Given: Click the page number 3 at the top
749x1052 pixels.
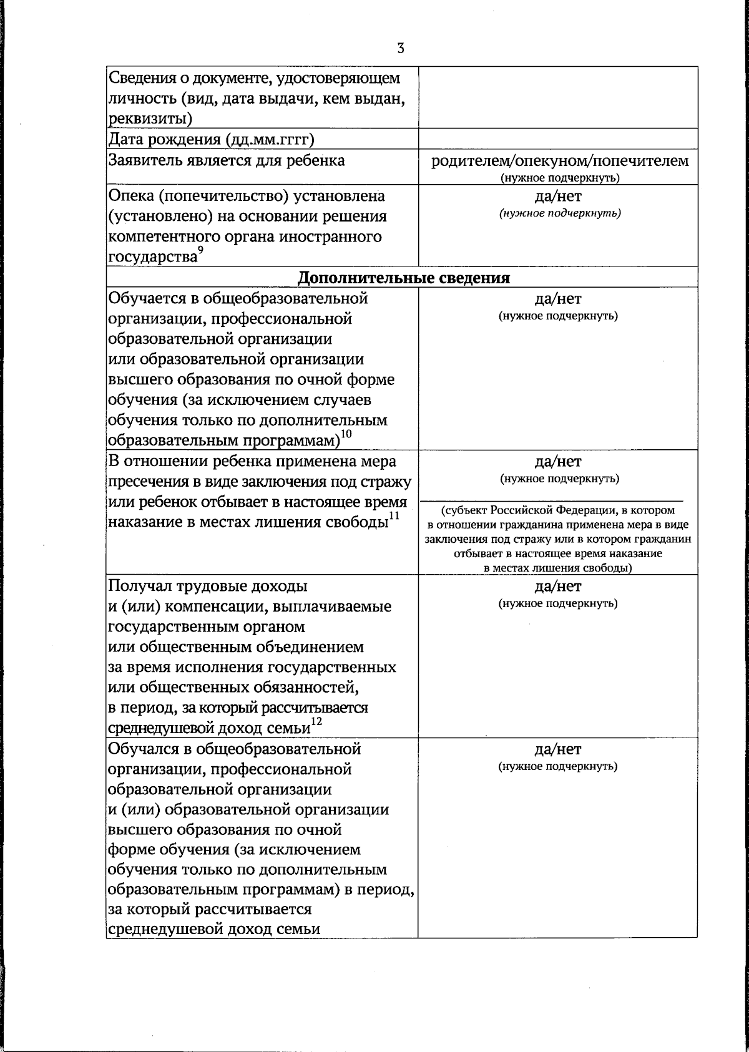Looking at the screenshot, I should pos(400,48).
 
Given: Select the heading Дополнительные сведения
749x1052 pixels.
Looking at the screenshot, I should pos(403,278).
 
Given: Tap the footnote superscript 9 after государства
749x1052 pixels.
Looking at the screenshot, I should pos(200,250).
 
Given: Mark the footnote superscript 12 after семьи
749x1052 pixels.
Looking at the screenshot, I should pos(316,721).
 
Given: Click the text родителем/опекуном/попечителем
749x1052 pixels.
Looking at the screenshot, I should pos(559,161).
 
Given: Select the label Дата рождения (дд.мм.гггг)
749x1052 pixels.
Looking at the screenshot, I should pos(211,139).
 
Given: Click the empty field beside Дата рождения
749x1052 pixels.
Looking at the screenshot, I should pos(557,139).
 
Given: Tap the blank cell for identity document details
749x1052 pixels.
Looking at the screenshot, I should pos(557,97).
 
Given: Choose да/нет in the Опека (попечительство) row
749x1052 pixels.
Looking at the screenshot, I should pos(558,197).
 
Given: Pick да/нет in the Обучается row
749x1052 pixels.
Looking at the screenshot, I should pos(558,299).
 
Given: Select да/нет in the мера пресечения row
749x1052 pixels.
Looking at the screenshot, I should pos(558,462).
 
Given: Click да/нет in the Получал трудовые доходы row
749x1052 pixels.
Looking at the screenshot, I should pos(558,587).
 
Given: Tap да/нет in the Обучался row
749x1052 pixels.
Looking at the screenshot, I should pos(558,749).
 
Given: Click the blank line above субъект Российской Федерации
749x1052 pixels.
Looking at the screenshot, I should pos(552,497).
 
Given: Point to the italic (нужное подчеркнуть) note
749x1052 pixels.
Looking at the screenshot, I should pos(559,213).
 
